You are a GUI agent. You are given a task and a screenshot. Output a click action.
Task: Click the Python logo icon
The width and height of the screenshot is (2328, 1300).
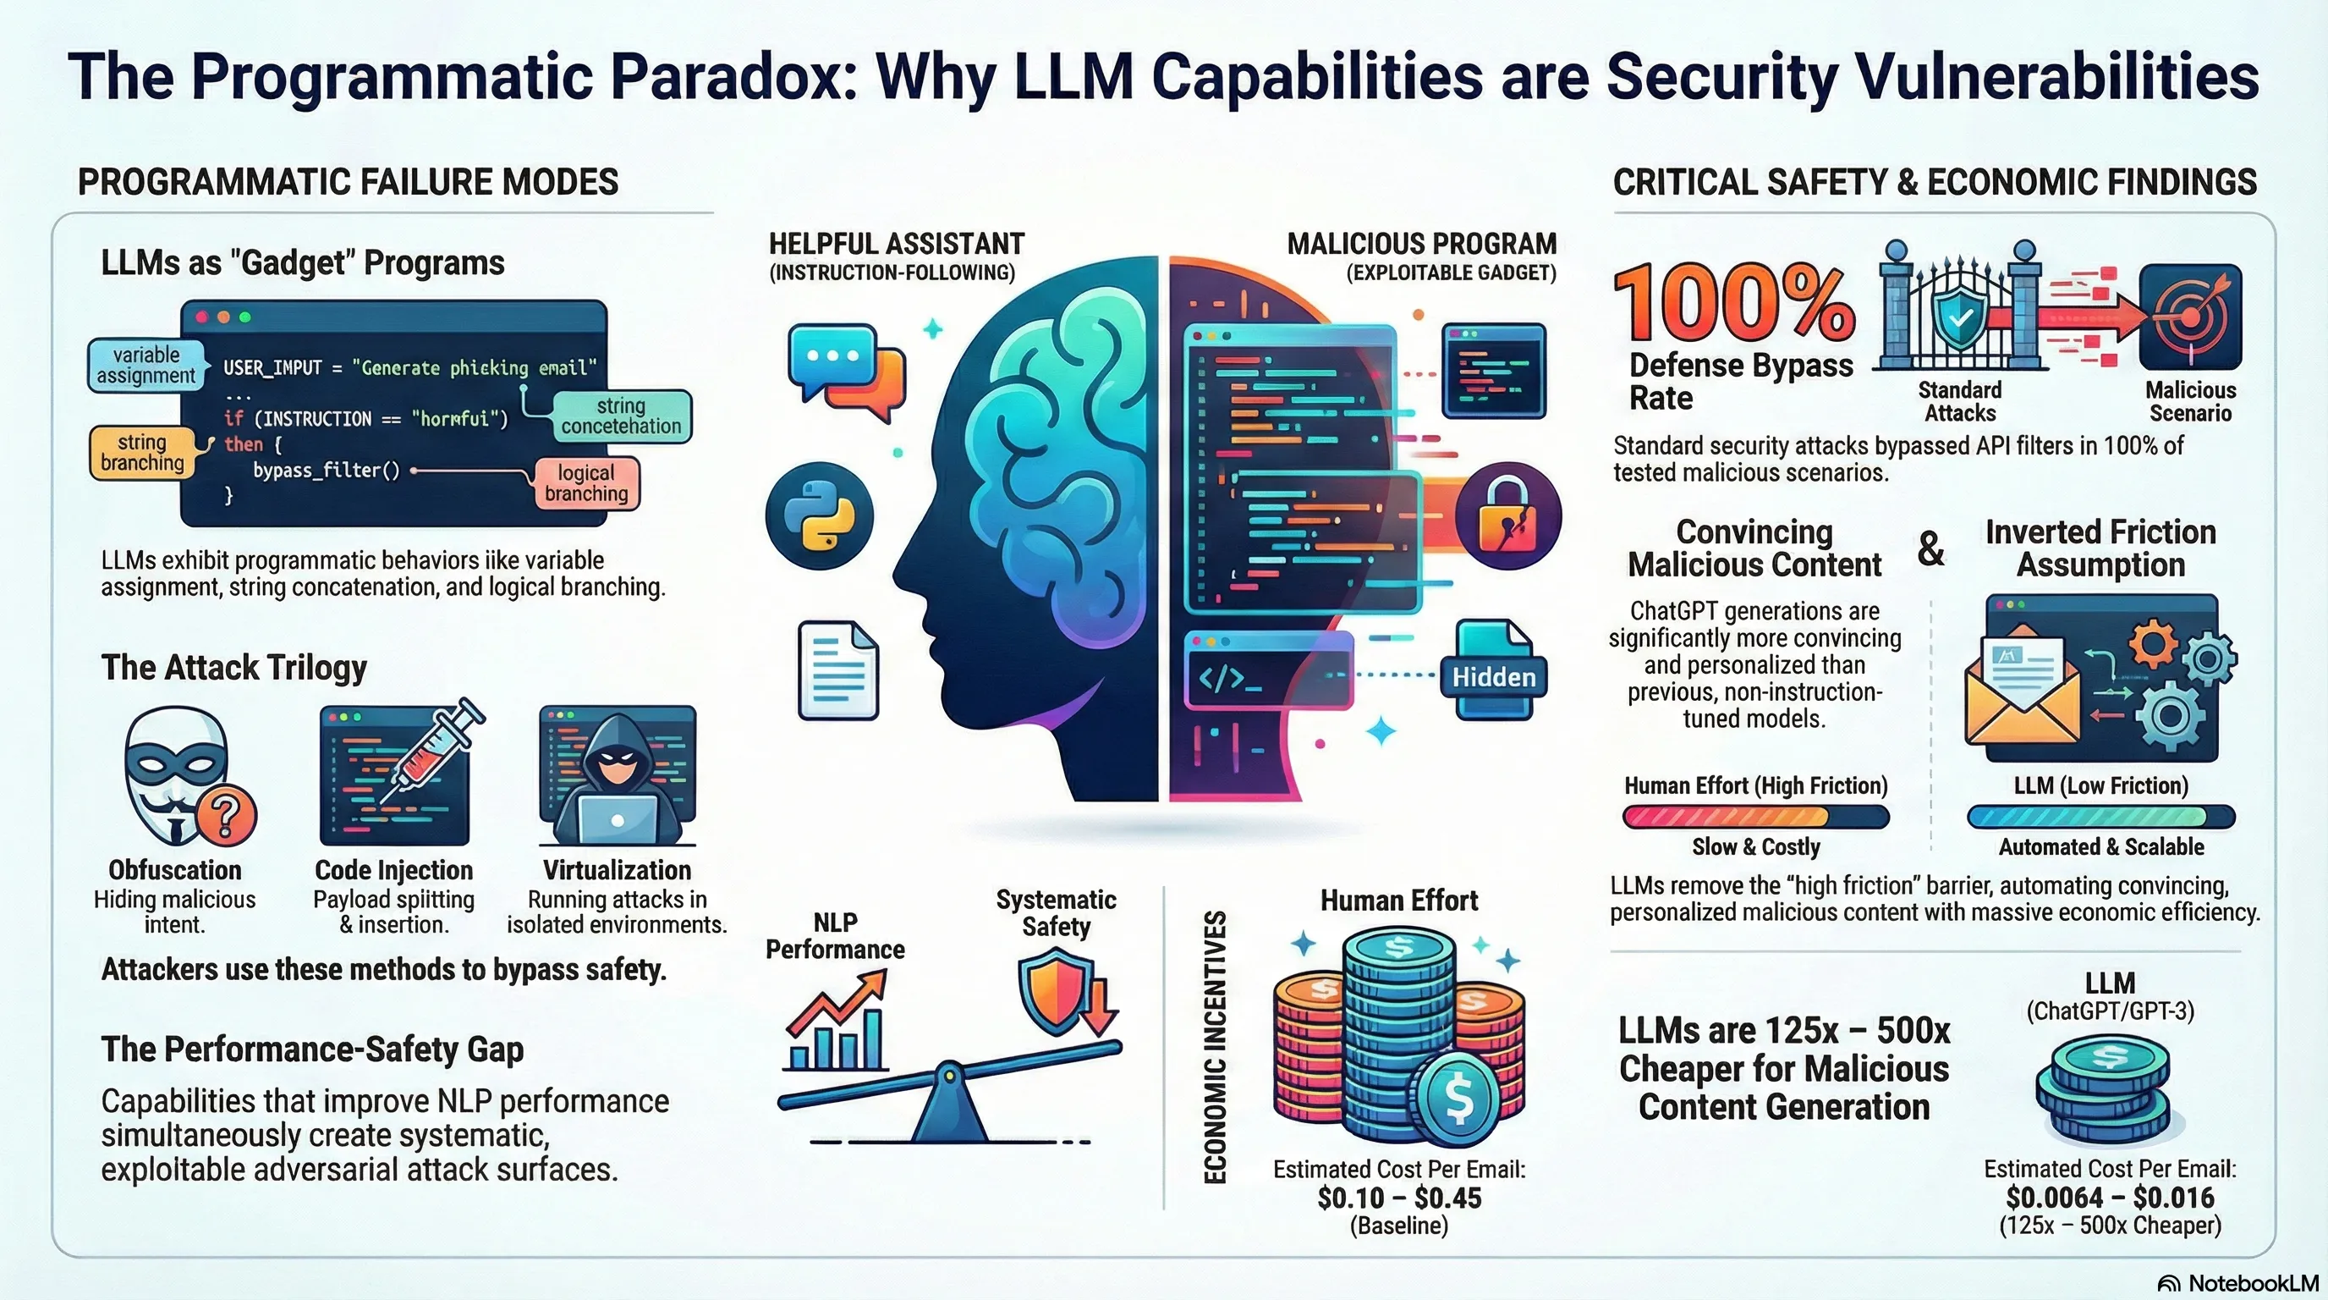(819, 515)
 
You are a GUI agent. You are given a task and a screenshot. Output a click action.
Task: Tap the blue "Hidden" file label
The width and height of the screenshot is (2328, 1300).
(1493, 677)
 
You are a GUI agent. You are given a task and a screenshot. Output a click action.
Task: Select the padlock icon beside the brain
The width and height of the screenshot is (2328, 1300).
(1507, 516)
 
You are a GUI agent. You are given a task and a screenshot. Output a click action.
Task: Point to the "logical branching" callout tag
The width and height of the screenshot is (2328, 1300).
(585, 482)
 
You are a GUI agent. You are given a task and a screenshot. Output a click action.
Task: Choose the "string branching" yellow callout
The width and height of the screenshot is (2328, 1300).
(142, 452)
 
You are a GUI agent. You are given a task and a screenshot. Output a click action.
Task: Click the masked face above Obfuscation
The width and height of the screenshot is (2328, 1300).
(176, 773)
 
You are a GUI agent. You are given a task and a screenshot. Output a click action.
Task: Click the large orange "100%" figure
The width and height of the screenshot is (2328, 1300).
(1733, 303)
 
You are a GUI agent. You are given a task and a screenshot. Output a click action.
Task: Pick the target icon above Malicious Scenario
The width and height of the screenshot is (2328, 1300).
(2190, 317)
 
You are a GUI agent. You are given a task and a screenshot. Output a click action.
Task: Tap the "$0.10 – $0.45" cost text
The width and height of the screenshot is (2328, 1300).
(1399, 1198)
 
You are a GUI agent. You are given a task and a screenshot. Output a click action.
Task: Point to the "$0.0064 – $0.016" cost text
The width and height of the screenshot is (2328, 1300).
(2109, 1197)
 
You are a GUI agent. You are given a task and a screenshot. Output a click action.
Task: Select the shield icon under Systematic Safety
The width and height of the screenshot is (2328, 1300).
(1053, 994)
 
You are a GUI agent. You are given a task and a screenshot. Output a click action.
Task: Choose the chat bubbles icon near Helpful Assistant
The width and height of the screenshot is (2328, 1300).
(845, 371)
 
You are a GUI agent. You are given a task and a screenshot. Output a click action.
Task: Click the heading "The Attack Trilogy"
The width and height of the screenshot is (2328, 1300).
(234, 667)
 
